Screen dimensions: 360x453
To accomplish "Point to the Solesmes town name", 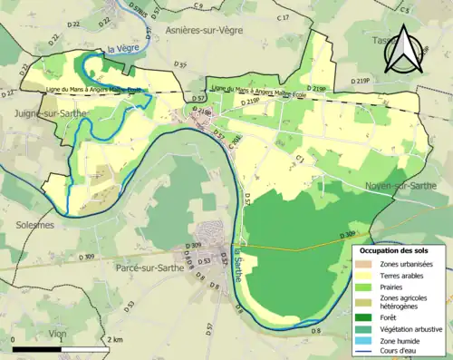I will (27, 224).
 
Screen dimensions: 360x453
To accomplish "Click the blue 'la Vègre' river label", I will (120, 49).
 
